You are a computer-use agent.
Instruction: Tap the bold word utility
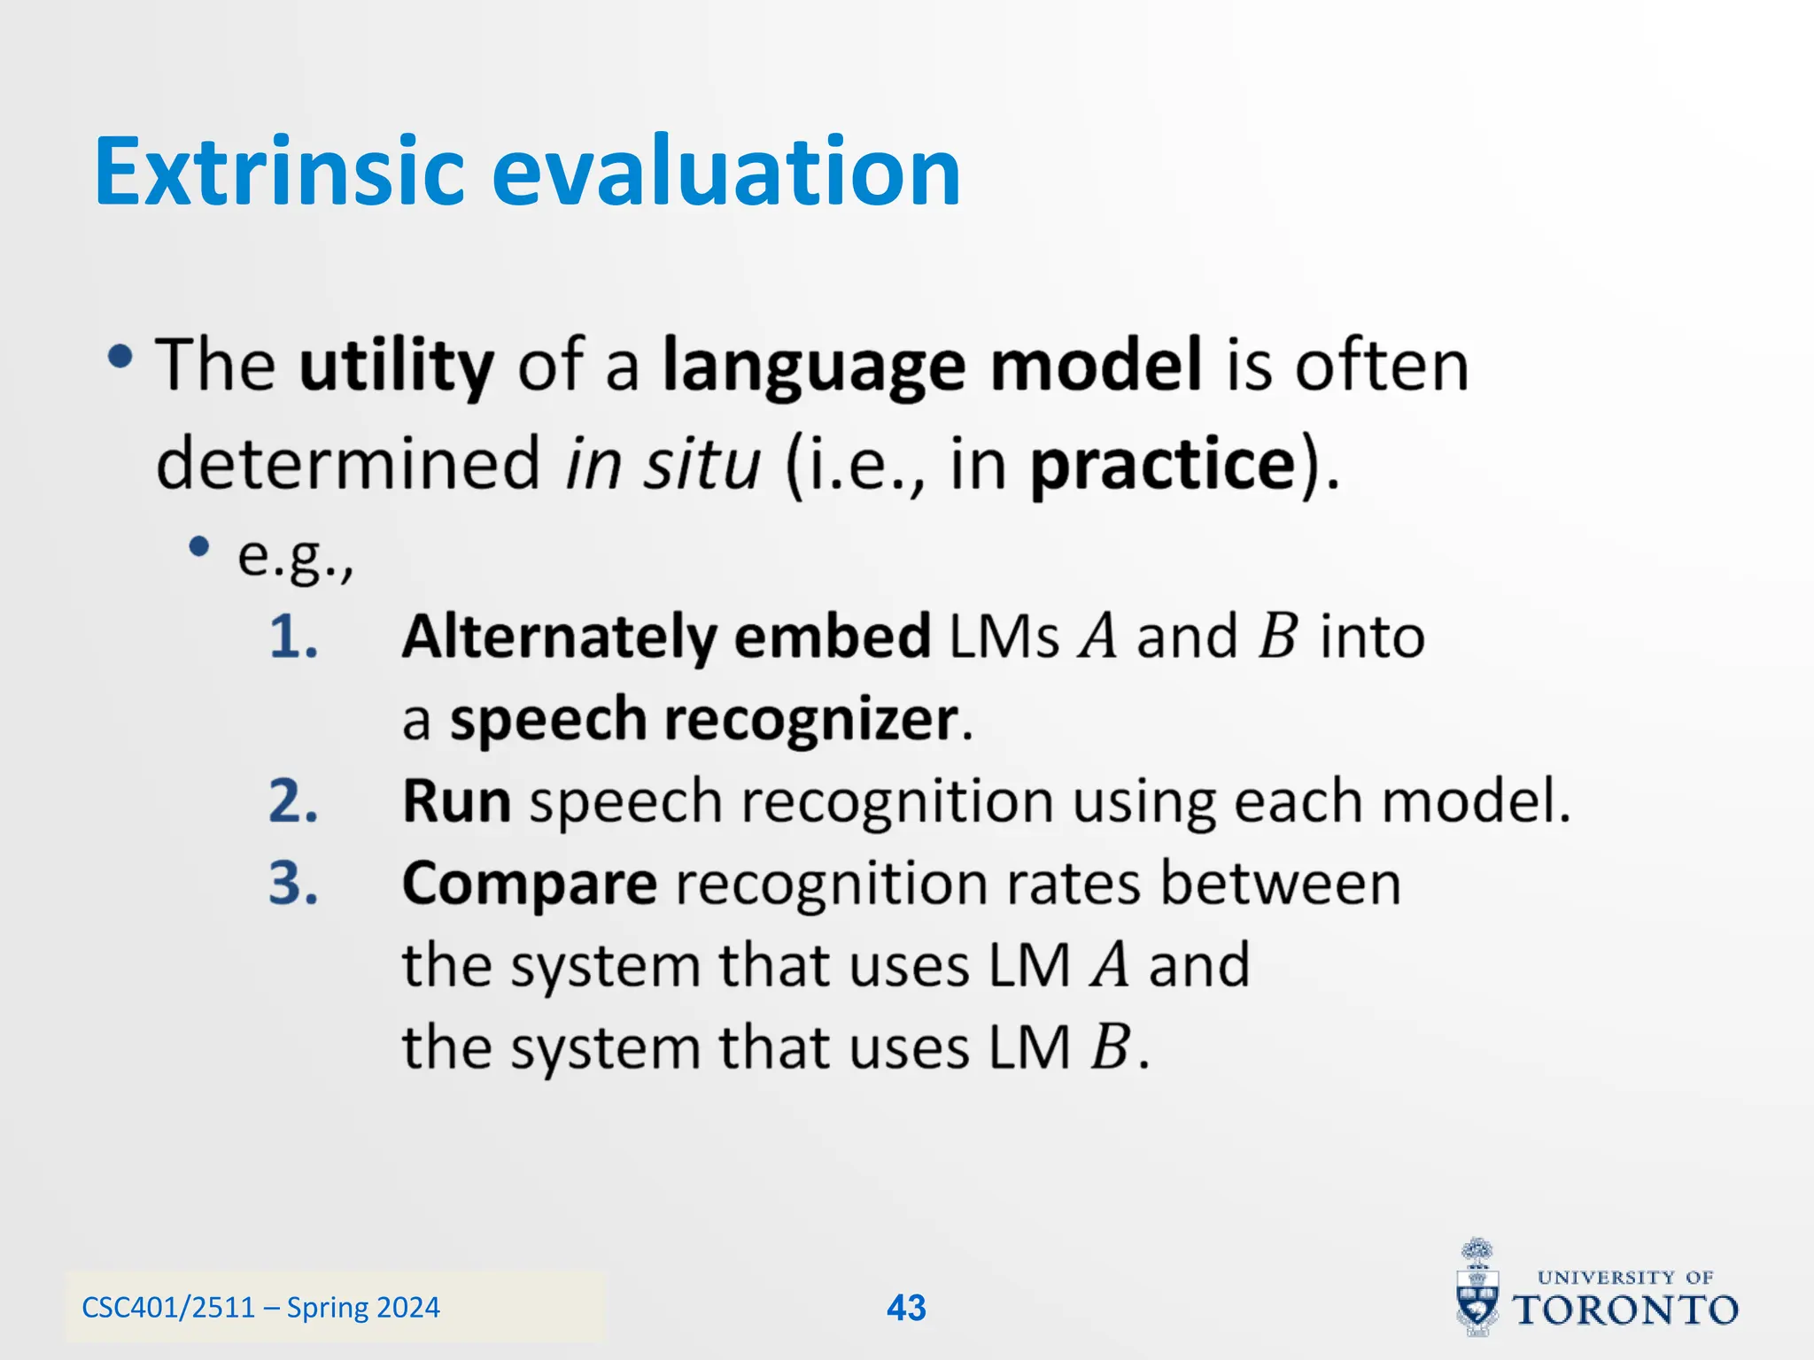click(396, 366)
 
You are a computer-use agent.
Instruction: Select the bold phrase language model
click(932, 366)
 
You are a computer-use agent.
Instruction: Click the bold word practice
click(1163, 463)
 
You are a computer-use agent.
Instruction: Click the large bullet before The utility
click(120, 358)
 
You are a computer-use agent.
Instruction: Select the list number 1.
click(293, 637)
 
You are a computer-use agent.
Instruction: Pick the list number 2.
click(293, 801)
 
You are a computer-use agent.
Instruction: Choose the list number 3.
click(293, 884)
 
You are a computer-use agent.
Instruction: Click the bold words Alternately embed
click(665, 637)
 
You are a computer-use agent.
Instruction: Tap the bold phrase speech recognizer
click(704, 719)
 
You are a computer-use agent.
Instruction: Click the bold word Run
click(456, 801)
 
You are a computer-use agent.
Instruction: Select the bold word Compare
click(529, 884)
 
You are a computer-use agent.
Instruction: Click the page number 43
click(906, 1308)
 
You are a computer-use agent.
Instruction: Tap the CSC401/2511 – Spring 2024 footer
click(260, 1307)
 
